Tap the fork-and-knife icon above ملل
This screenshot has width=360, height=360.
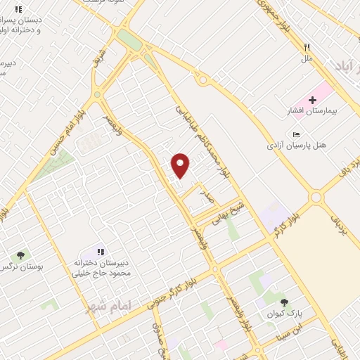pyautogui.click(x=307, y=48)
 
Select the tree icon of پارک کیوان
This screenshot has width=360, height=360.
pyautogui.click(x=284, y=302)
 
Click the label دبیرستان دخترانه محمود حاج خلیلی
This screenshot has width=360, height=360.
pyautogui.click(x=102, y=266)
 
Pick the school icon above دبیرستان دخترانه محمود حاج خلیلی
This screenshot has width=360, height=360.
pyautogui.click(x=101, y=251)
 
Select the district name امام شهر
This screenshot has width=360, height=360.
pyautogui.click(x=104, y=307)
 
